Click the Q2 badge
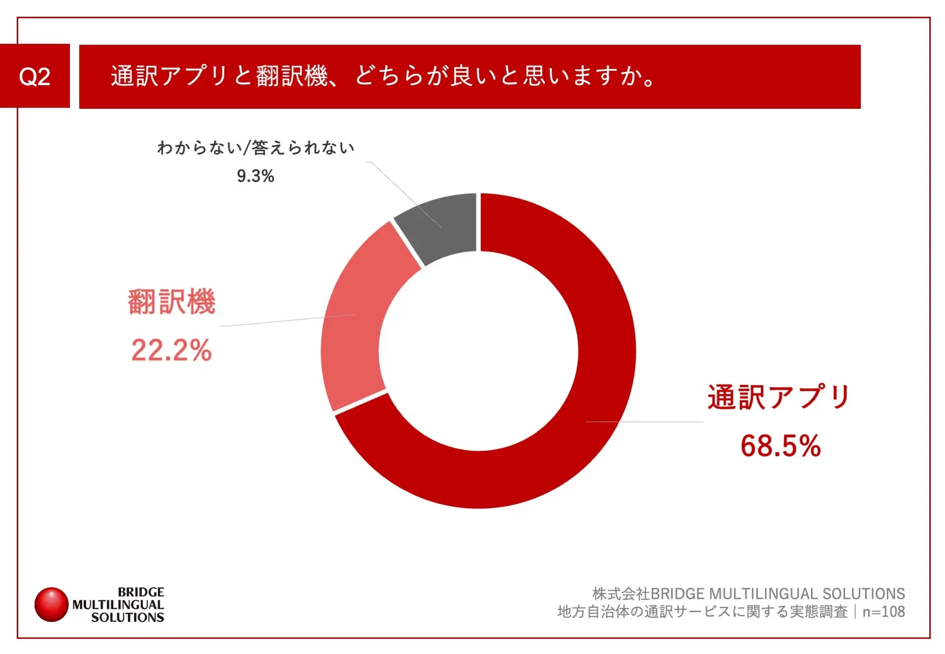34,76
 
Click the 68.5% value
781,446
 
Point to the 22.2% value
171,350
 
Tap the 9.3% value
255,176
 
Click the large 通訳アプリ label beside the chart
779,397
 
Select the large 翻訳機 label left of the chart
171,302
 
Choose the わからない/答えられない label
255,148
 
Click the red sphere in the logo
51,604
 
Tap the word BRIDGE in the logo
141,592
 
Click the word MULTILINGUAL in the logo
118,605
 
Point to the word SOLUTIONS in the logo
127,617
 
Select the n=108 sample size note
883,612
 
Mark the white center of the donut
478,350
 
